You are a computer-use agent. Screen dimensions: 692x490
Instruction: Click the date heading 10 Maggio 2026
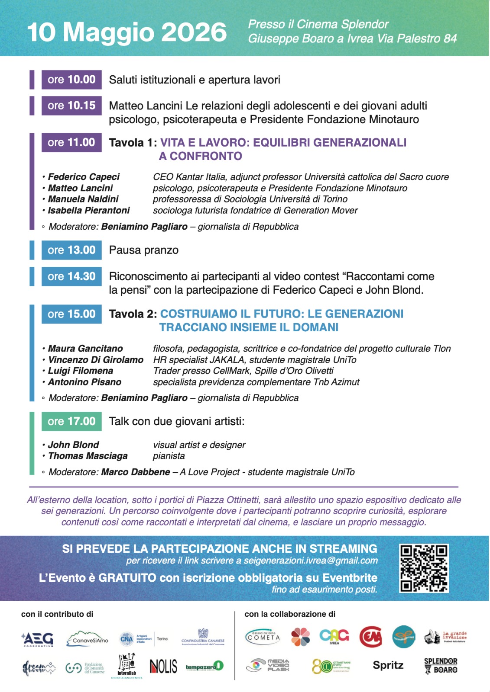(127, 32)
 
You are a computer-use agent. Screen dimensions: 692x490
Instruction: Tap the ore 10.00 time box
(71, 80)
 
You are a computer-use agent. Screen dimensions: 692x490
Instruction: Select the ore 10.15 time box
(71, 106)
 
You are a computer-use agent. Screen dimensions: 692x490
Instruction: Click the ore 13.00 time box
(71, 250)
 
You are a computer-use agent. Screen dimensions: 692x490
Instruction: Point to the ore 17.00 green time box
(71, 421)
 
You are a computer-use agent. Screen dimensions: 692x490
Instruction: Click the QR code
(424, 568)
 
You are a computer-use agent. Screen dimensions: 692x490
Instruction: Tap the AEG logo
(38, 639)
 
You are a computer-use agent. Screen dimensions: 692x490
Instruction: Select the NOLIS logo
(163, 666)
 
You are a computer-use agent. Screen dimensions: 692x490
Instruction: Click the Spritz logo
(388, 665)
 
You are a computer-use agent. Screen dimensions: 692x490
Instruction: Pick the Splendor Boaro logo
(441, 666)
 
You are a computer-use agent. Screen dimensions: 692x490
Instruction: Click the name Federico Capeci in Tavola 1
(84, 177)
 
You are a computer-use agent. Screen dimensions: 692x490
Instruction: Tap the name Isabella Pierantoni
(89, 211)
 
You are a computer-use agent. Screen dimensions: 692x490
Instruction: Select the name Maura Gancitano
(85, 349)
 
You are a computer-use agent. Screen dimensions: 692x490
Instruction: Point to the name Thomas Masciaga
(88, 456)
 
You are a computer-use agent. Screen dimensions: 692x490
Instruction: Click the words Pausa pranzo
(143, 250)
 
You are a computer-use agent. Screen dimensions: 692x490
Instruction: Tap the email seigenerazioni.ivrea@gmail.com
(311, 561)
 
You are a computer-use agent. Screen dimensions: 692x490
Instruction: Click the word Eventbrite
(350, 578)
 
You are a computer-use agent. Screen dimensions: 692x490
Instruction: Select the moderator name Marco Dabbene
(136, 472)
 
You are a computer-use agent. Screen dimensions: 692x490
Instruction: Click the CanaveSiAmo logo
(88, 639)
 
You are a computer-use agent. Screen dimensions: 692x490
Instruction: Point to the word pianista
(169, 456)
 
